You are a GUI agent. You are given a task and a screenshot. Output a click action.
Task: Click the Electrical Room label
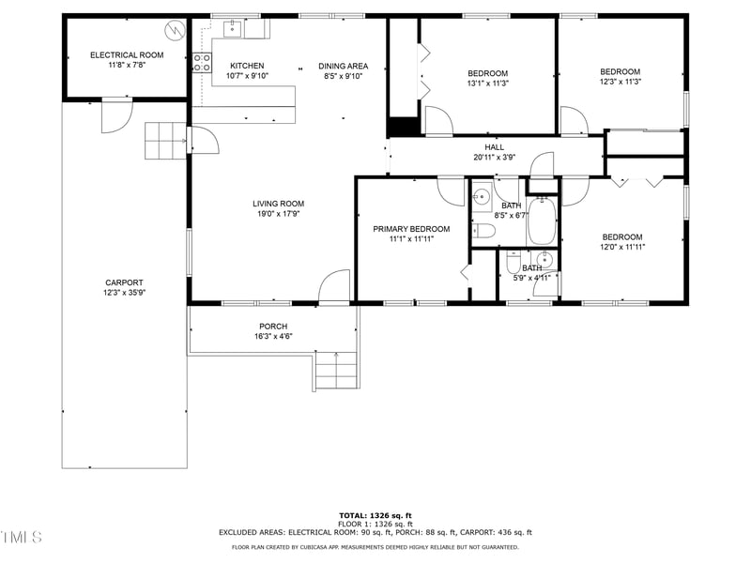click(127, 55)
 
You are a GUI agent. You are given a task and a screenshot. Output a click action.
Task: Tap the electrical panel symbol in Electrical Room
click(173, 31)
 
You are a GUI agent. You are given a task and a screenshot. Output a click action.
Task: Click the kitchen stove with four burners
click(202, 63)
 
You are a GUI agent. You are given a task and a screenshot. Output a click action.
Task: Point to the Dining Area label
click(343, 66)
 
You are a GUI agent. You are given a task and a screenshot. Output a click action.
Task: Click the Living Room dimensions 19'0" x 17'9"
click(278, 215)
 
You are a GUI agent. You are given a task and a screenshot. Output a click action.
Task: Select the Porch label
click(273, 327)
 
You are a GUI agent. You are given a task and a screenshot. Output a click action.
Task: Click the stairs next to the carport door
click(165, 141)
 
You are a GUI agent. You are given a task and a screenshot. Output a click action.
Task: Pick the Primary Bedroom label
click(411, 229)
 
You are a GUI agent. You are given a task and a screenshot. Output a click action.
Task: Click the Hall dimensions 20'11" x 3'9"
click(494, 158)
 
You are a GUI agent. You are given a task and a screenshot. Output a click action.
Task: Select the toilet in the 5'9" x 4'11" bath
click(513, 263)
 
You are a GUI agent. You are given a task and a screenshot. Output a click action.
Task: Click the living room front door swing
click(334, 287)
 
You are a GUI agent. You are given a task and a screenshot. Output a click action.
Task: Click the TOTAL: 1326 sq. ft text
click(375, 515)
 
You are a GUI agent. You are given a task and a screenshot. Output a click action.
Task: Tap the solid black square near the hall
click(403, 127)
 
